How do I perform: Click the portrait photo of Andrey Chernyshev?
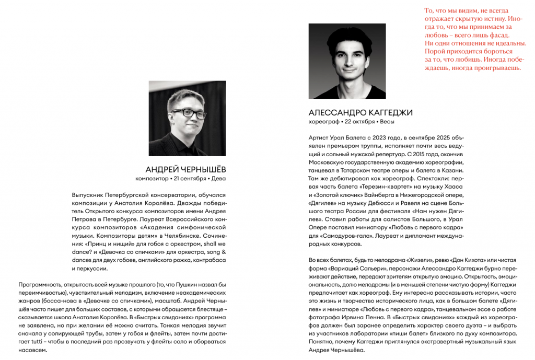coord(187,118)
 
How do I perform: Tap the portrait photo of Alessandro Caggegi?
coord(347,61)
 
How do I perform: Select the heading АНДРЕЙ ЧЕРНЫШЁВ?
coord(185,169)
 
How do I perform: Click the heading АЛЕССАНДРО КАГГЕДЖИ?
coord(360,112)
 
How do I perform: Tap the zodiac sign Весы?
coord(387,122)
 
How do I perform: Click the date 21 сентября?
coord(190,179)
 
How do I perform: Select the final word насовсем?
coord(33,350)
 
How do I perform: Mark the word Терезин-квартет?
coord(386,187)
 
